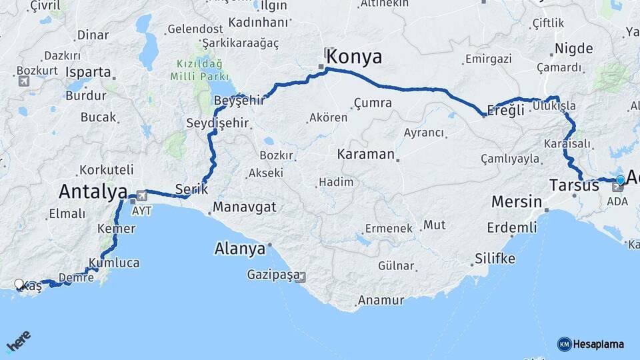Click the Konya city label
point(353,57)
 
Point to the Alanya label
point(239,249)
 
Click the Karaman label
point(366,154)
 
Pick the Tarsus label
point(575,185)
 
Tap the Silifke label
point(494,258)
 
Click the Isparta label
point(89,71)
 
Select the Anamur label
point(381,300)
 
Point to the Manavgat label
point(245,207)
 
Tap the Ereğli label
point(503,111)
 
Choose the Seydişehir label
point(217,123)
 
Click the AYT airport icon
point(141,196)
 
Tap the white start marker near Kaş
point(19,284)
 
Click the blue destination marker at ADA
point(620,180)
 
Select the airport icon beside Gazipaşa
point(301,277)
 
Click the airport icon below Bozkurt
point(24,81)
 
